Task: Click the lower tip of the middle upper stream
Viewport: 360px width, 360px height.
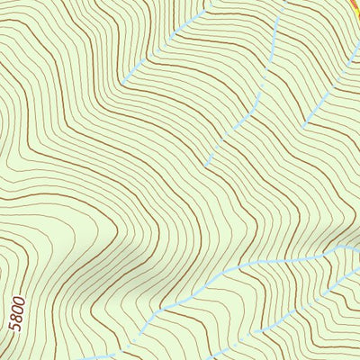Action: (x=206, y=166)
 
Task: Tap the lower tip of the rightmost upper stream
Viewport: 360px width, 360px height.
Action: (x=304, y=123)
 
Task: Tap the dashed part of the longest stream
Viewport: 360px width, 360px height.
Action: (x=180, y=292)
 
